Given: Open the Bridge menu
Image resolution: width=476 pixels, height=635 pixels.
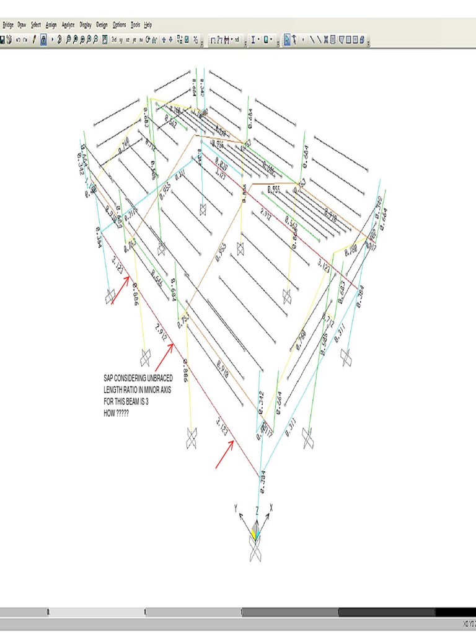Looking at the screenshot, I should (x=8, y=25).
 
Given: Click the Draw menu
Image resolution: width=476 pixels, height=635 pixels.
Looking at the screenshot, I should (x=22, y=25).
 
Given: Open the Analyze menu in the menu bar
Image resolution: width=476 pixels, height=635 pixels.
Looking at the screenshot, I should (x=68, y=25).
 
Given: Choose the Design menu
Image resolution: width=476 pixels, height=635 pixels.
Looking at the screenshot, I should (x=102, y=25).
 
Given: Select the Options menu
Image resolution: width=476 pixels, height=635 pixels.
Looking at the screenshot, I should (x=119, y=25).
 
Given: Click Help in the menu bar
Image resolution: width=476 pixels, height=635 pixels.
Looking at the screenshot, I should (x=148, y=25).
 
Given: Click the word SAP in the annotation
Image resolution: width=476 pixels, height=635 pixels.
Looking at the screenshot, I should (x=109, y=377).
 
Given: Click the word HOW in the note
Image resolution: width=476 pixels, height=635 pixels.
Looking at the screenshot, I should (x=109, y=413).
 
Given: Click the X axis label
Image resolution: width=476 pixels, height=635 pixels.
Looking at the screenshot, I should (x=271, y=507).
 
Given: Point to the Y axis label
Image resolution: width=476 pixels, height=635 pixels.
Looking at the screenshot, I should (x=236, y=508).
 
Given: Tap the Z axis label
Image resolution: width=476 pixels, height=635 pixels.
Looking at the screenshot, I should (x=257, y=509).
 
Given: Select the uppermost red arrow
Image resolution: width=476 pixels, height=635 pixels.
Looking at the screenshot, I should (x=121, y=290).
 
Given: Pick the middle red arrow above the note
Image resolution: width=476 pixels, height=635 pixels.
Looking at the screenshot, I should (x=164, y=358).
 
